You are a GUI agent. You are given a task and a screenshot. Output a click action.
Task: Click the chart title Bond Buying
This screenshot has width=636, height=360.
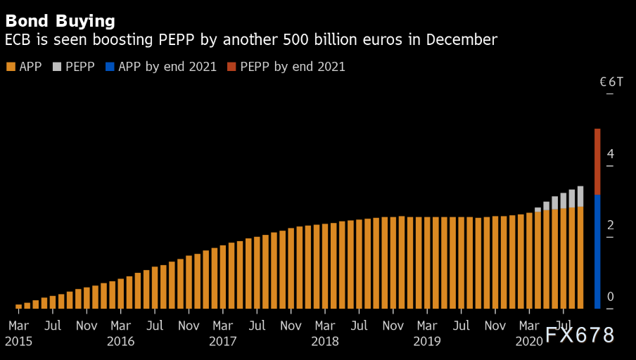[60, 20]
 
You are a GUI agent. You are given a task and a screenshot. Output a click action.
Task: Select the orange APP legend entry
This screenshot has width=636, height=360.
[25, 67]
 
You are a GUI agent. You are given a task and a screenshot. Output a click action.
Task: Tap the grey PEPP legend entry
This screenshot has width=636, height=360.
[74, 67]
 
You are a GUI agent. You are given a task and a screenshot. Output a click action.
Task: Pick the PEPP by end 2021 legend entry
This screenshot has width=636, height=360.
[286, 67]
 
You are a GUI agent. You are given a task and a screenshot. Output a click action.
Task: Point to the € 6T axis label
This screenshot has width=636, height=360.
[611, 82]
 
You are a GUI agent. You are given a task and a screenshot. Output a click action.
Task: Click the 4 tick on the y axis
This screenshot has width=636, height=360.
[611, 153]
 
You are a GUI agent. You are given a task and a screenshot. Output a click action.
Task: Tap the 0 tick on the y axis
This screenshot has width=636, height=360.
[611, 297]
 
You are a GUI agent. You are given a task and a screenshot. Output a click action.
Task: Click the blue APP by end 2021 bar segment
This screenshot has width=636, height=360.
[597, 251]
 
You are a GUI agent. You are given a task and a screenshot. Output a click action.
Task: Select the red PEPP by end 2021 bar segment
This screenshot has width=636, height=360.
[597, 162]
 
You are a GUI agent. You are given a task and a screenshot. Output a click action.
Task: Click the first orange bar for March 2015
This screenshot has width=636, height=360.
[19, 307]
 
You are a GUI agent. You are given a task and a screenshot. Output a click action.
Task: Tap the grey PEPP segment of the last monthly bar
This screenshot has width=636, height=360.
[580, 196]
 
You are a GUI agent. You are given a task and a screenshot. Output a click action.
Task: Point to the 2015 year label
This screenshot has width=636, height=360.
[18, 342]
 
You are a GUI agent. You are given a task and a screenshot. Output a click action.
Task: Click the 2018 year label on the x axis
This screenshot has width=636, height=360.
[324, 342]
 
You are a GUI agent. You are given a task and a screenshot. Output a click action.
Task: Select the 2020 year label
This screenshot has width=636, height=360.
[529, 342]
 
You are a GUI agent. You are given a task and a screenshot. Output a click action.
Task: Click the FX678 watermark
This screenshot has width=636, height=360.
[580, 335]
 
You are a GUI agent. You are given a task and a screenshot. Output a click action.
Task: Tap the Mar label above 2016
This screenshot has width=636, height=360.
[121, 326]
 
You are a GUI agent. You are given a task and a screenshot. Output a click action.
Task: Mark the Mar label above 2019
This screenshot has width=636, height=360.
[427, 326]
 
